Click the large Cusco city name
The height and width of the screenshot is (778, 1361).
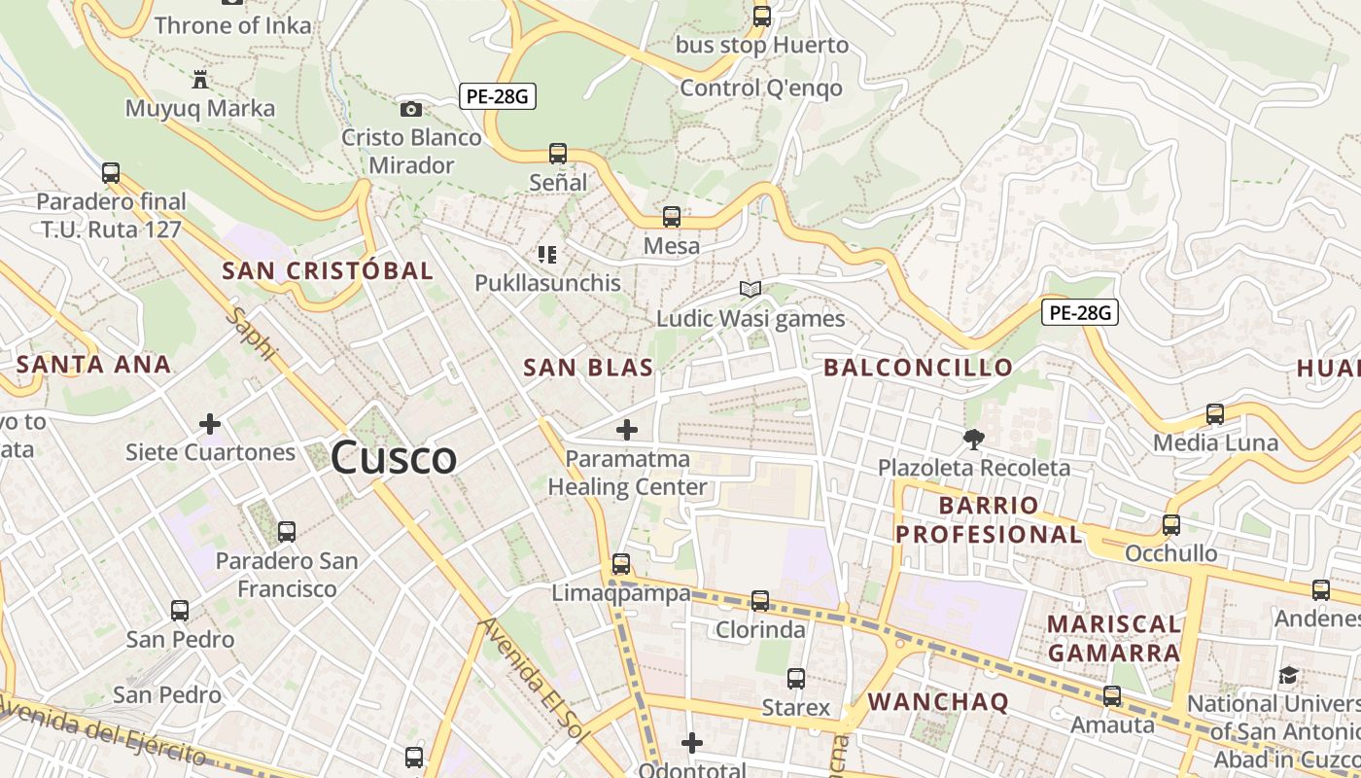click(394, 458)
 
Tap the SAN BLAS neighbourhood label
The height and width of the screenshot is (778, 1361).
click(588, 368)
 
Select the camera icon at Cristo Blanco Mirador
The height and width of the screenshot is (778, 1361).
click(411, 109)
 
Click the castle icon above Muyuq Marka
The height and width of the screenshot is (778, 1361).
click(200, 79)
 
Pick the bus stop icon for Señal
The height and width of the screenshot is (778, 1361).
click(558, 154)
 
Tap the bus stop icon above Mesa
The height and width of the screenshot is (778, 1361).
click(672, 217)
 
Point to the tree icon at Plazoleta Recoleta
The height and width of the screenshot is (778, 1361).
click(973, 440)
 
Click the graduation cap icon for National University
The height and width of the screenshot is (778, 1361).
click(1288, 675)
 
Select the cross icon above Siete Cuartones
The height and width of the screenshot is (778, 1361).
click(209, 424)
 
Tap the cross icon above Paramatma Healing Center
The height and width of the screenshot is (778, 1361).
click(627, 429)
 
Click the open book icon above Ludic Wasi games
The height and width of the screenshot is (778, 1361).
click(750, 289)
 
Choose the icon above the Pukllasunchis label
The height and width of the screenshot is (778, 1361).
click(547, 255)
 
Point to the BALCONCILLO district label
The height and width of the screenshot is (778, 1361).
click(918, 368)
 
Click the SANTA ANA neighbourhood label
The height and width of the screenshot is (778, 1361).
click(93, 365)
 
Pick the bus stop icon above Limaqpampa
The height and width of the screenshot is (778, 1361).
click(621, 564)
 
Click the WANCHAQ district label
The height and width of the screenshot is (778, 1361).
click(938, 701)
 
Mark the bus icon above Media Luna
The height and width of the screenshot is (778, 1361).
click(1215, 414)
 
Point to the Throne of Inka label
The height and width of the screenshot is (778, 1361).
click(232, 25)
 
